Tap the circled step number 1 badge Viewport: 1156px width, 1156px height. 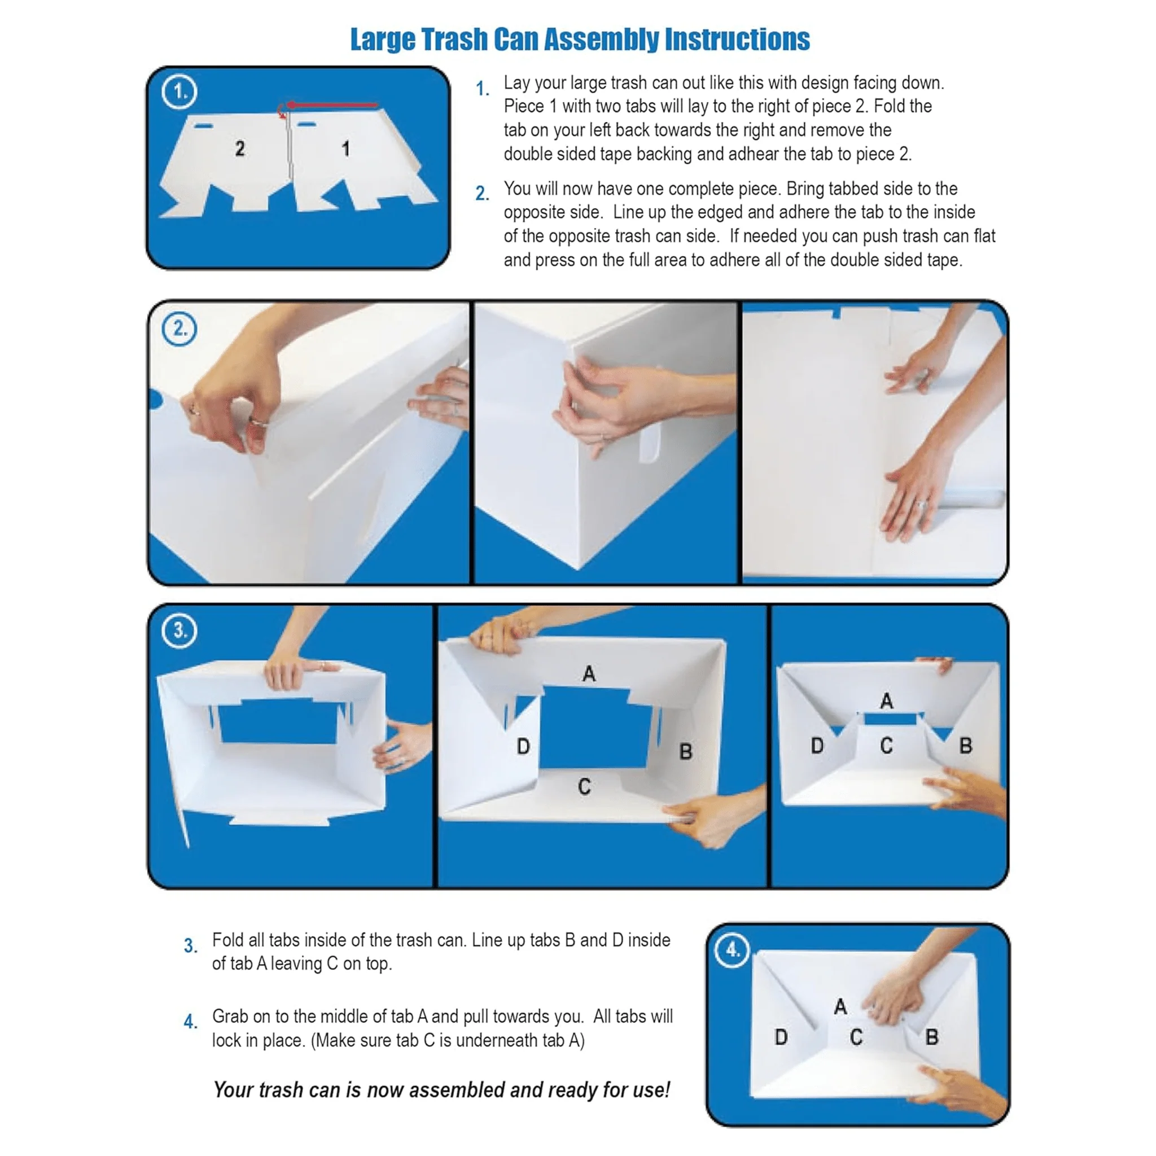click(x=178, y=91)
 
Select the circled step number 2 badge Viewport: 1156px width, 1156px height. click(x=179, y=329)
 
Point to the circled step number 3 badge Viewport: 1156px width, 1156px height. click(x=179, y=630)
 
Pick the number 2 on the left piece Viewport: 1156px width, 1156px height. click(x=240, y=148)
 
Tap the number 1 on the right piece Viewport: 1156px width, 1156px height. click(x=346, y=149)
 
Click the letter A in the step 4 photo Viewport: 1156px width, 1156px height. click(x=840, y=1006)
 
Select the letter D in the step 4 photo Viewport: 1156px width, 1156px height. click(x=781, y=1037)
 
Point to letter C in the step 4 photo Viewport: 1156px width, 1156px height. click(x=856, y=1037)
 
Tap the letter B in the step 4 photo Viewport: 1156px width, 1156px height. click(x=931, y=1037)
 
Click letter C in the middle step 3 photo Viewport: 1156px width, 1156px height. click(x=585, y=787)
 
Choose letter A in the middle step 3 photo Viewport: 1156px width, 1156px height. click(x=589, y=674)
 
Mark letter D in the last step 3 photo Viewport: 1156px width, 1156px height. click(x=817, y=746)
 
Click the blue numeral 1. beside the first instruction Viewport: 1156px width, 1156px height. click(x=482, y=89)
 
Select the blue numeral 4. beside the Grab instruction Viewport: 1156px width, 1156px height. click(x=190, y=1021)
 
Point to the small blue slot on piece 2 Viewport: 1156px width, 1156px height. click(x=203, y=126)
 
